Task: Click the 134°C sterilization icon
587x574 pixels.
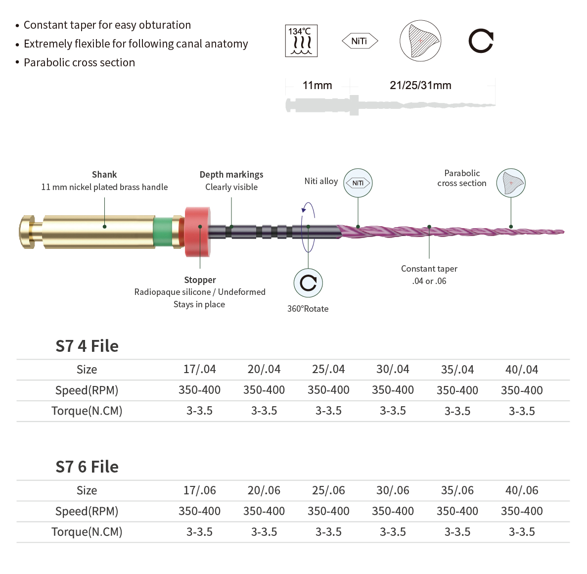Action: pyautogui.click(x=301, y=41)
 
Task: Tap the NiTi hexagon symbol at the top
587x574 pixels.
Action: pyautogui.click(x=360, y=41)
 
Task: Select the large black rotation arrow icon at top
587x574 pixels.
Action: pyautogui.click(x=481, y=41)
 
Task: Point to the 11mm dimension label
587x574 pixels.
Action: pyautogui.click(x=317, y=86)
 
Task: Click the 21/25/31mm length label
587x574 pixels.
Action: pyautogui.click(x=420, y=86)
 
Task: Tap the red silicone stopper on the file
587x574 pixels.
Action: pyautogui.click(x=198, y=232)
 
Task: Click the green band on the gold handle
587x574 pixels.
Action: pyautogui.click(x=163, y=232)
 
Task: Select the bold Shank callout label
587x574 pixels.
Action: pyautogui.click(x=104, y=175)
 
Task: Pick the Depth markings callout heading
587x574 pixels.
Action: pyautogui.click(x=231, y=175)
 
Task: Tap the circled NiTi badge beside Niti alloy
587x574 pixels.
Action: pyautogui.click(x=358, y=183)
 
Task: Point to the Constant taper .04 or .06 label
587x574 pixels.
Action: pyautogui.click(x=429, y=275)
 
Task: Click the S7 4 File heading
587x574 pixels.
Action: pyautogui.click(x=87, y=346)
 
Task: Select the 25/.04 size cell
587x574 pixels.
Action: pyautogui.click(x=328, y=370)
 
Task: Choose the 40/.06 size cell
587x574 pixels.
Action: pyautogui.click(x=522, y=490)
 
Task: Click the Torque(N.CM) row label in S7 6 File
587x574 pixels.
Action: pyautogui.click(x=87, y=532)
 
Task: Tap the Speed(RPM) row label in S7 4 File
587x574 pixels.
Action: pyautogui.click(x=87, y=390)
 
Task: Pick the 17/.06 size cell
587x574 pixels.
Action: pyautogui.click(x=199, y=490)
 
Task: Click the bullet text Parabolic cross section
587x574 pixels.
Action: pyautogui.click(x=79, y=62)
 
